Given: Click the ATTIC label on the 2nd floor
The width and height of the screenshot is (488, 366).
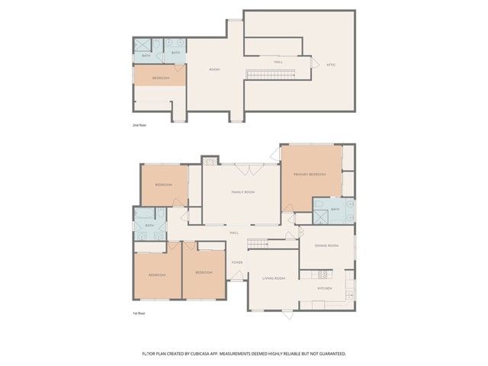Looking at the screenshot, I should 330,64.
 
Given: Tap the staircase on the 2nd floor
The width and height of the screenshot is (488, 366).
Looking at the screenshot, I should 271,73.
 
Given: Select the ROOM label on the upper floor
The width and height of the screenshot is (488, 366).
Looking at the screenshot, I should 215,69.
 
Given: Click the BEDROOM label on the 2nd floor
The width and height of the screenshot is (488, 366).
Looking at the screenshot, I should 160,78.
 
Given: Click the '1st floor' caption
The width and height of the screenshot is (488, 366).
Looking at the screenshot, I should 139,313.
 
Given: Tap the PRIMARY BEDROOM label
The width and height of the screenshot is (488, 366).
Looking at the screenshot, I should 310,175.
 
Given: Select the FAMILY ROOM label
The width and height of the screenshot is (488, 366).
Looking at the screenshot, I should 242,192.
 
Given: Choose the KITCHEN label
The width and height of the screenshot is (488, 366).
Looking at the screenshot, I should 326,287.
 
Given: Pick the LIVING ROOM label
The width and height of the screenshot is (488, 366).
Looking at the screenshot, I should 274,278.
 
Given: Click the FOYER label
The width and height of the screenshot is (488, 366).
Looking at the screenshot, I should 237,263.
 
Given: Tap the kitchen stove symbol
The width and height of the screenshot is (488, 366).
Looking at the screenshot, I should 322,274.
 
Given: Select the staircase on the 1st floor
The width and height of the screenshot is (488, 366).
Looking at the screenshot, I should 259,244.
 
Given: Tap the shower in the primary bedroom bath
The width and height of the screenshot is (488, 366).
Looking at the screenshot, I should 322,215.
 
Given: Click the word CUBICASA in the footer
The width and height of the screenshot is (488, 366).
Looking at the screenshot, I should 200,354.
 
